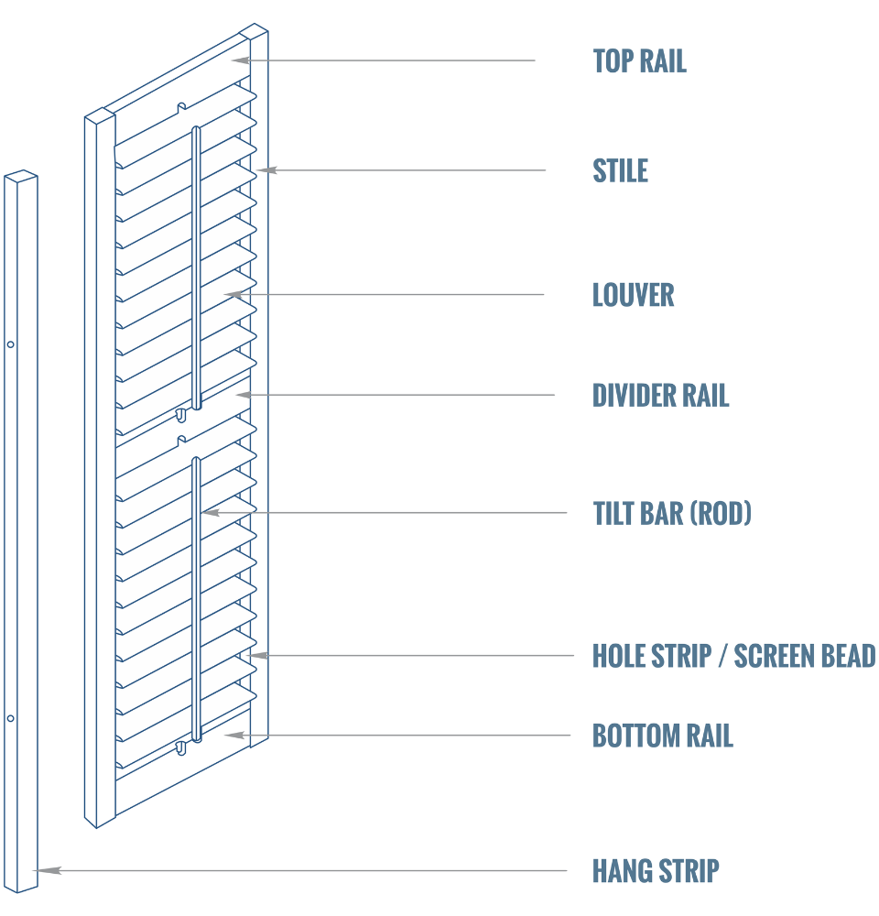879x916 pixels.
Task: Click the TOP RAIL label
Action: tap(639, 61)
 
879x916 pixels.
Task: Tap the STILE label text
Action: tap(620, 171)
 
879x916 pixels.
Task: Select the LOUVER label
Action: tap(633, 295)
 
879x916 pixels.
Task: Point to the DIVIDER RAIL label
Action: tap(660, 396)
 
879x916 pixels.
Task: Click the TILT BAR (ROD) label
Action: tap(672, 514)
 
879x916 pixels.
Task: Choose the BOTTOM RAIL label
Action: tap(662, 736)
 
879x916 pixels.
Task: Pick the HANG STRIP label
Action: tap(656, 871)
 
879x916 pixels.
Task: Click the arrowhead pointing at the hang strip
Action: tap(44, 870)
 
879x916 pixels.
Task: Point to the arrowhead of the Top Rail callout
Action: tap(239, 60)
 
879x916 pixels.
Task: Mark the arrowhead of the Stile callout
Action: tap(263, 170)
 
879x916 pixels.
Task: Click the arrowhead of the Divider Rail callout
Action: tap(243, 395)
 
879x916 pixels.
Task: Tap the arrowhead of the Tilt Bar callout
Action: tap(209, 513)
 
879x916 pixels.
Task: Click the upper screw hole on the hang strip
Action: tap(11, 344)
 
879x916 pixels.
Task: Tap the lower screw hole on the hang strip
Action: tap(11, 718)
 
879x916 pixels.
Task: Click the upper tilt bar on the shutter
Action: tap(196, 266)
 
